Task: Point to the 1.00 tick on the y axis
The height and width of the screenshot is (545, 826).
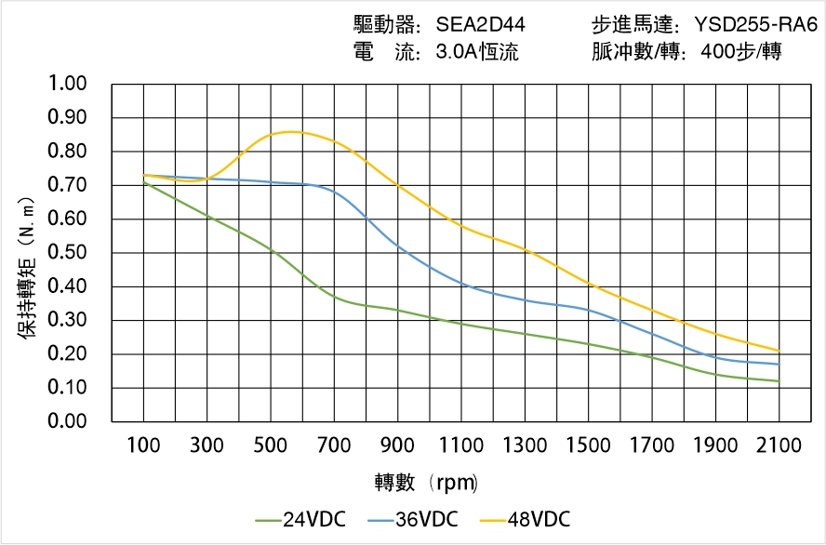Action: [66, 85]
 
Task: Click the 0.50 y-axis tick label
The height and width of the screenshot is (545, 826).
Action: [66, 253]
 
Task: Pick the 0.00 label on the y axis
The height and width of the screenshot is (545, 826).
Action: [66, 422]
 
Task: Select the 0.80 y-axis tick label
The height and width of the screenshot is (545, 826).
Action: [66, 152]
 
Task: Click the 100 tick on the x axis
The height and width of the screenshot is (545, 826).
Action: [143, 445]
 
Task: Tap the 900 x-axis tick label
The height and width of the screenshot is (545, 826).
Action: [397, 445]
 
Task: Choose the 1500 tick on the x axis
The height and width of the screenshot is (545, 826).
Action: [588, 445]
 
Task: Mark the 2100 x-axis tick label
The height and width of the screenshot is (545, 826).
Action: [779, 445]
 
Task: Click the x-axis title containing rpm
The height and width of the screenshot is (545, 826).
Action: [427, 483]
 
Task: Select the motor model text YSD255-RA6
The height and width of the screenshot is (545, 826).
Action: [749, 24]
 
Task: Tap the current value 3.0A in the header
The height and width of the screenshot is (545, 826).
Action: [457, 52]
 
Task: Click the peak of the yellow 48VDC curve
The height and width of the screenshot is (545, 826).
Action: [290, 132]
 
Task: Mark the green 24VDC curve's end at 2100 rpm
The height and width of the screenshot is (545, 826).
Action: [779, 381]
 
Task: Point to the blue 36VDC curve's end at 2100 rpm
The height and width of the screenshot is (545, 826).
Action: [779, 364]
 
